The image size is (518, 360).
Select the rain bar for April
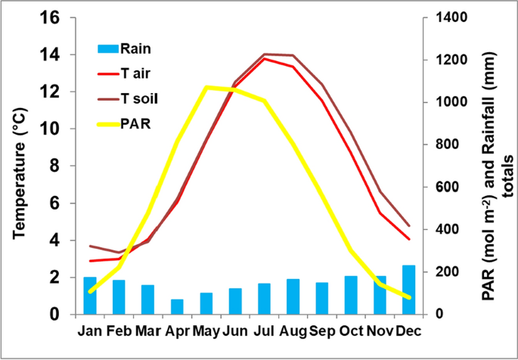[177, 306]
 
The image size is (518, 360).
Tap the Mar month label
[148, 331]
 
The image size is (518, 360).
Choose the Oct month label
[352, 331]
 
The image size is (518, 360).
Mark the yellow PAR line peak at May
[206, 87]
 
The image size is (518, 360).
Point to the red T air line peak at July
[265, 58]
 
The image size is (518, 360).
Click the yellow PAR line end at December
[409, 298]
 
